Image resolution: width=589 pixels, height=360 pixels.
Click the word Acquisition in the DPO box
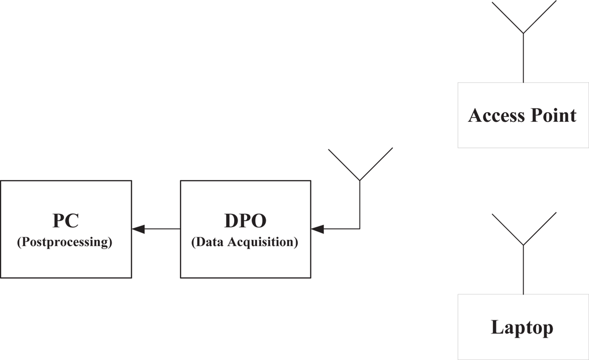[x=263, y=242]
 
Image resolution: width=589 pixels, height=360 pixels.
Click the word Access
[x=497, y=116]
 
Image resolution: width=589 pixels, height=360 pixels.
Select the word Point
[x=553, y=116]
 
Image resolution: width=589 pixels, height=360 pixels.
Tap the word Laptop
[x=522, y=327]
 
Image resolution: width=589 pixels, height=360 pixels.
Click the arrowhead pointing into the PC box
[x=138, y=229]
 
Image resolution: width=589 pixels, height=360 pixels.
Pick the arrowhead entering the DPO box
[x=318, y=229]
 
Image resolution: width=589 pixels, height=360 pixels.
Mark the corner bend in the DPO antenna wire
[x=359, y=229]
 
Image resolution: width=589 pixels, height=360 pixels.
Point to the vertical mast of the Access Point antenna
[x=523, y=58]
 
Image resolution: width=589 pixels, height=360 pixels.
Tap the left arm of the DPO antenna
[x=344, y=164]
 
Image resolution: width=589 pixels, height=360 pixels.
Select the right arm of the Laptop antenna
[x=540, y=229]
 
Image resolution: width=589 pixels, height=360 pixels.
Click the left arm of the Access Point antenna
[x=507, y=17]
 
